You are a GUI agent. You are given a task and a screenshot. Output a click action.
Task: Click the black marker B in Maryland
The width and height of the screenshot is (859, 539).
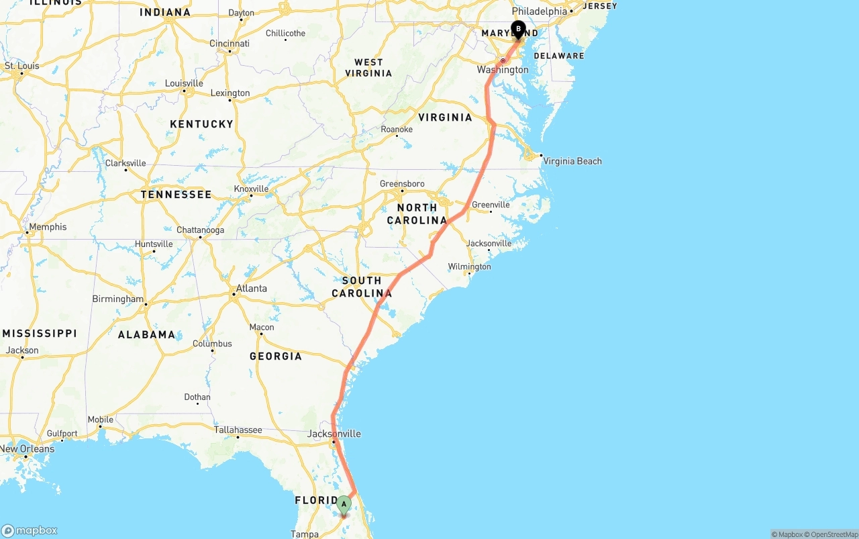[518, 29]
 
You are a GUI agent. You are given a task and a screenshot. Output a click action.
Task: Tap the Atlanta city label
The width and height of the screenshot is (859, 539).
[251, 289]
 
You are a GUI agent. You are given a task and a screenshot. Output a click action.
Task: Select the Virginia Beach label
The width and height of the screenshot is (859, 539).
[572, 161]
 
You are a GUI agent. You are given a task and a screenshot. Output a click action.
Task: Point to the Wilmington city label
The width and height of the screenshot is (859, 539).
[469, 266]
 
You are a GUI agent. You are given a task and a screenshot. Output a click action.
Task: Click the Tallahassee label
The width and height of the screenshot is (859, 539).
[238, 430]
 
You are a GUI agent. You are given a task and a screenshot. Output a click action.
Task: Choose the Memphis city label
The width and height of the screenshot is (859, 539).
[47, 227]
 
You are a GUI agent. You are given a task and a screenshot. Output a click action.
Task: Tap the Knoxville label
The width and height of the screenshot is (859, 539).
[251, 189]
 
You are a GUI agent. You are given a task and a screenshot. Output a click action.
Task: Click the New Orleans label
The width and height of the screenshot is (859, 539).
[27, 449]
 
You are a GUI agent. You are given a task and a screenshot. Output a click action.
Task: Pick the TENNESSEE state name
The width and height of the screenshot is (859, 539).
[176, 195]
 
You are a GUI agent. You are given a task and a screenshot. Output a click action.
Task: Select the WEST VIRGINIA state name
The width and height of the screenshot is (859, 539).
[368, 68]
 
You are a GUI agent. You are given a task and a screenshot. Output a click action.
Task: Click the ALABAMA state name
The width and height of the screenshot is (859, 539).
[146, 334]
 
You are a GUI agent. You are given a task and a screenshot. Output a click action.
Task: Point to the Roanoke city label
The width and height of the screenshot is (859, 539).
[397, 129]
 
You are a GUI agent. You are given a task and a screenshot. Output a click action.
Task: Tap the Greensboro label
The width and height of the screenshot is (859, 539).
[402, 184]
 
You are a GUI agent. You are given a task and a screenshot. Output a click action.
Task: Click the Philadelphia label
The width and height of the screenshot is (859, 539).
[539, 11]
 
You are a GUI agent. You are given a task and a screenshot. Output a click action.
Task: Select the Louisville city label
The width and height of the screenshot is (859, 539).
[184, 83]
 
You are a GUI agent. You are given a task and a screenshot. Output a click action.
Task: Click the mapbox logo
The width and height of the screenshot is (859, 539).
[30, 530]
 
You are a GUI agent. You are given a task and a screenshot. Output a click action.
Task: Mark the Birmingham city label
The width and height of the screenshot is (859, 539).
[118, 299]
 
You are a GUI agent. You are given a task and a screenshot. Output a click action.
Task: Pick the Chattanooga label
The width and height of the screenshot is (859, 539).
[200, 230]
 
